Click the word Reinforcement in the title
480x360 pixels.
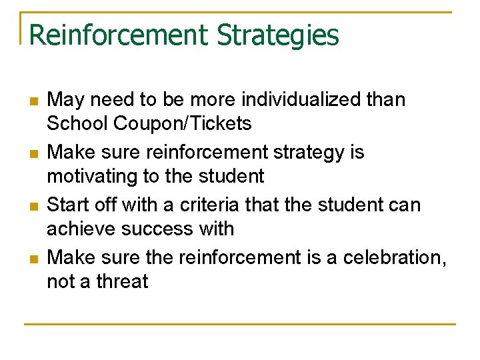point(117,35)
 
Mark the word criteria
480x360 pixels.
point(231,205)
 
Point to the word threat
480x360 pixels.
point(122,281)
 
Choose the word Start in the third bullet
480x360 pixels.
point(69,205)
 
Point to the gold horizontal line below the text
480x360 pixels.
point(240,325)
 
